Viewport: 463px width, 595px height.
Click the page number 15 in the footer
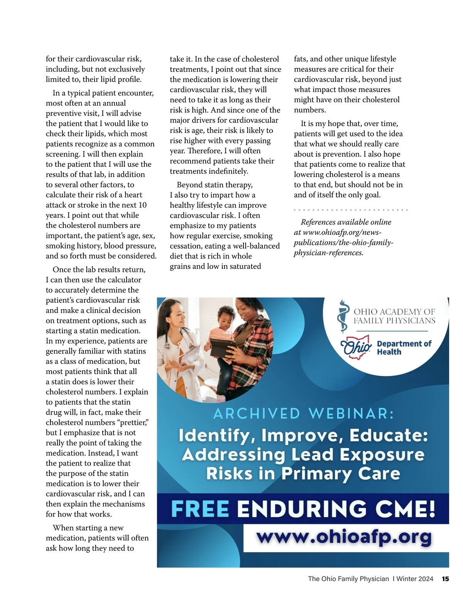pyautogui.click(x=445, y=579)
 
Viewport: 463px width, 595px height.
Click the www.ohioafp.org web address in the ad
pyautogui.click(x=344, y=537)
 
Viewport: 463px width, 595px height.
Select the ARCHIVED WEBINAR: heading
pyautogui.click(x=304, y=414)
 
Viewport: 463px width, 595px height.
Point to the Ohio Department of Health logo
pyautogui.click(x=386, y=347)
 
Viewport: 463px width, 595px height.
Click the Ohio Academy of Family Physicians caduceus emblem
pyautogui.click(x=342, y=316)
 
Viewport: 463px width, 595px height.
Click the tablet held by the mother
pyautogui.click(x=223, y=347)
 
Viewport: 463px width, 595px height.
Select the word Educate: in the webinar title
pyautogui.click(x=389, y=435)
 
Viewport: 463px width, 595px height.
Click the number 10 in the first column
pyautogui.click(x=142, y=205)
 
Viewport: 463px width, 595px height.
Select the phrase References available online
pyautogui.click(x=346, y=222)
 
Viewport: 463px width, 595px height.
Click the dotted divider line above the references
pyautogui.click(x=350, y=210)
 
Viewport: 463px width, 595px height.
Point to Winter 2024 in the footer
pyautogui.click(x=415, y=579)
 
